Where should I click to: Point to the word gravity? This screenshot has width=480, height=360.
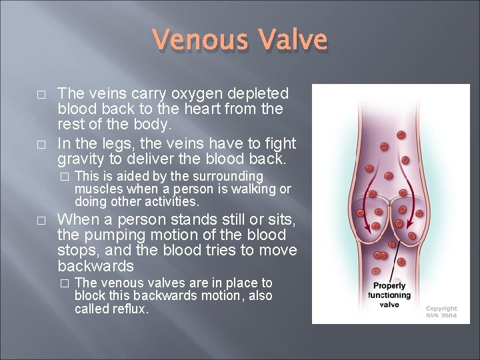81,159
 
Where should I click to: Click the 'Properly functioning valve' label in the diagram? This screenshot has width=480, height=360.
389,295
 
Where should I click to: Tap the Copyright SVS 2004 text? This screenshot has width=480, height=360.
441,312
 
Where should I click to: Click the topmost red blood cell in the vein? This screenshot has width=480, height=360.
401,135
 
